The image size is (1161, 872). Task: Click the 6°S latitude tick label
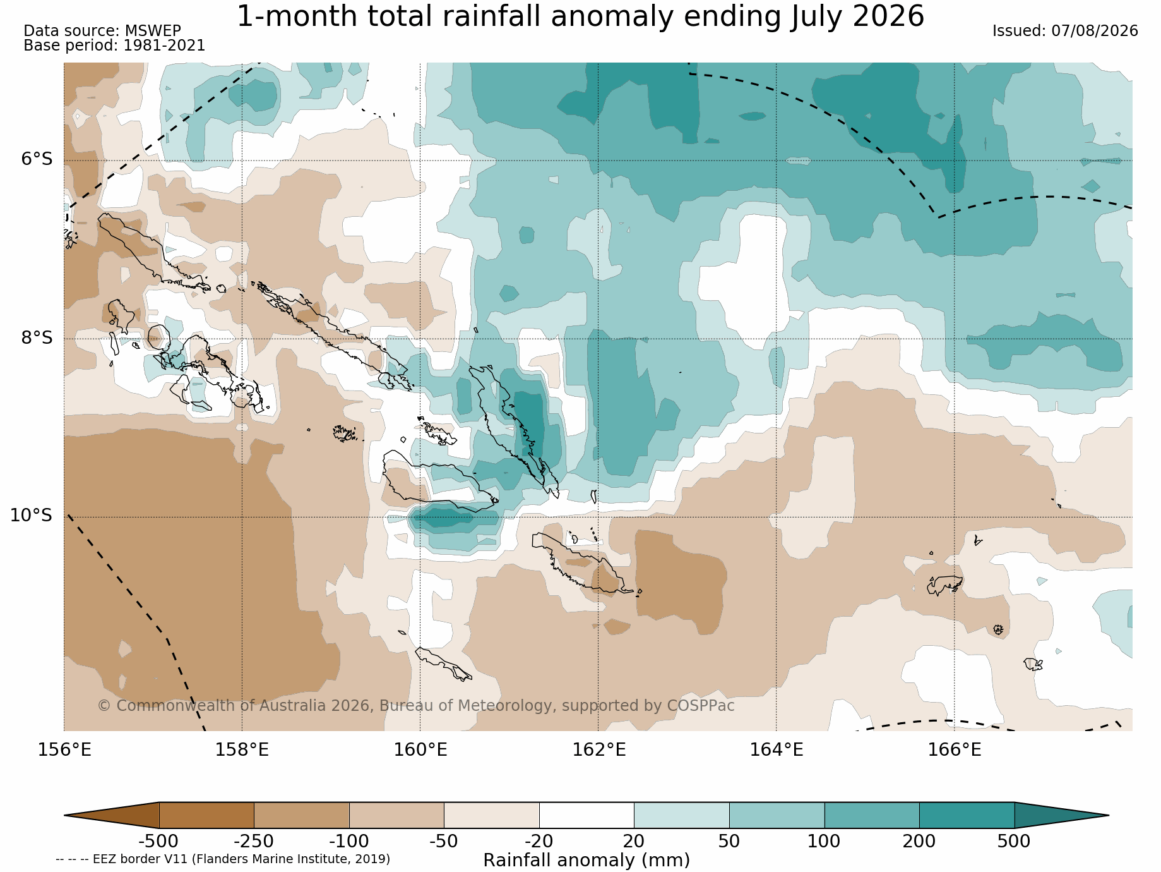pyautogui.click(x=37, y=159)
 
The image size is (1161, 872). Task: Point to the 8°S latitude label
pyautogui.click(x=37, y=338)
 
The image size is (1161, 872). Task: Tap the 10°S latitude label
pyautogui.click(x=31, y=516)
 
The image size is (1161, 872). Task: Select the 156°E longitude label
pyautogui.click(x=64, y=750)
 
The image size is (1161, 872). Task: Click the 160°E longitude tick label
pyautogui.click(x=420, y=750)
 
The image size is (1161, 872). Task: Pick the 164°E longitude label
pyautogui.click(x=777, y=750)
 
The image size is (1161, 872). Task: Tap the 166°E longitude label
pyautogui.click(x=955, y=750)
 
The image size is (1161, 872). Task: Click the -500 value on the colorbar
pyautogui.click(x=158, y=842)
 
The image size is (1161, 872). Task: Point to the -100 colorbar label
pyautogui.click(x=348, y=842)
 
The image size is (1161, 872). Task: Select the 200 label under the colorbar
pyautogui.click(x=919, y=842)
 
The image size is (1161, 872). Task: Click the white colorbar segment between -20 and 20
pyautogui.click(x=586, y=815)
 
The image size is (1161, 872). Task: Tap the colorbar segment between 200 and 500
pyautogui.click(x=967, y=815)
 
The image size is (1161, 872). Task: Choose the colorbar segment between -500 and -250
pyautogui.click(x=206, y=815)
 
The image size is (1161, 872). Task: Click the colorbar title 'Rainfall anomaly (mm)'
pyautogui.click(x=586, y=861)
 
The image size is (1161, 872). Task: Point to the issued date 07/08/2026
pyautogui.click(x=1095, y=31)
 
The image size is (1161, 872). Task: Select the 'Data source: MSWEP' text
pyautogui.click(x=102, y=31)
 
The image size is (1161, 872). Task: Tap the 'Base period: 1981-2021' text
pyautogui.click(x=114, y=45)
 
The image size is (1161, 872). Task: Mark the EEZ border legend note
pyautogui.click(x=223, y=859)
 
